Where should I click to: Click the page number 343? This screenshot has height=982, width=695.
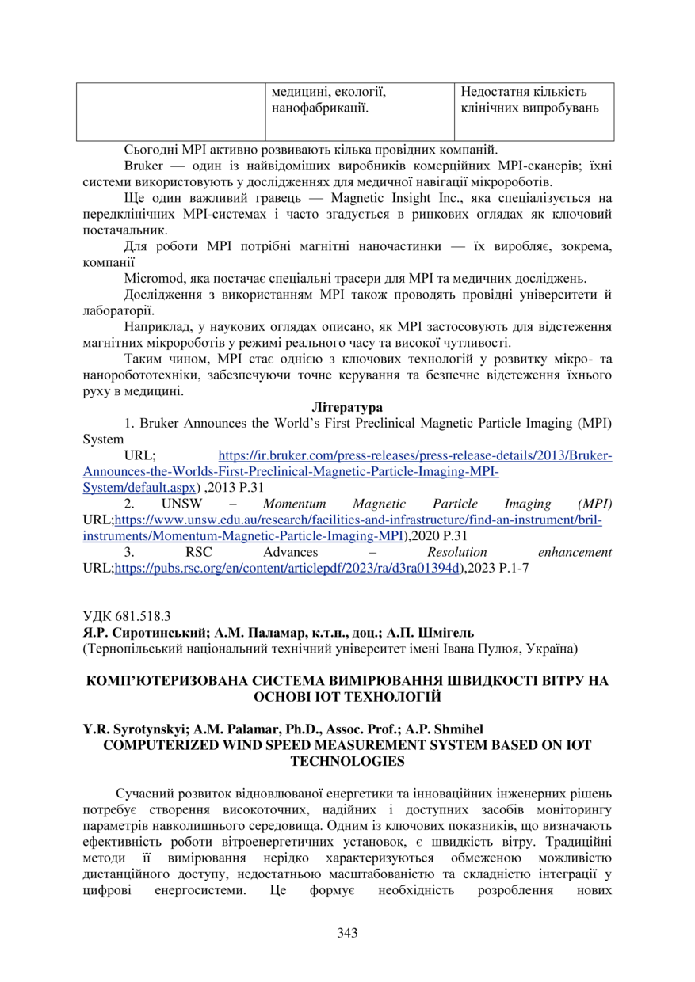347,933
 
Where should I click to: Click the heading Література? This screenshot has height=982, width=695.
347,407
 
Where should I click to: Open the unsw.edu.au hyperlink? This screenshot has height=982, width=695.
348,520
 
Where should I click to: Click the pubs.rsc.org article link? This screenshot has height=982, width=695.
288,568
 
